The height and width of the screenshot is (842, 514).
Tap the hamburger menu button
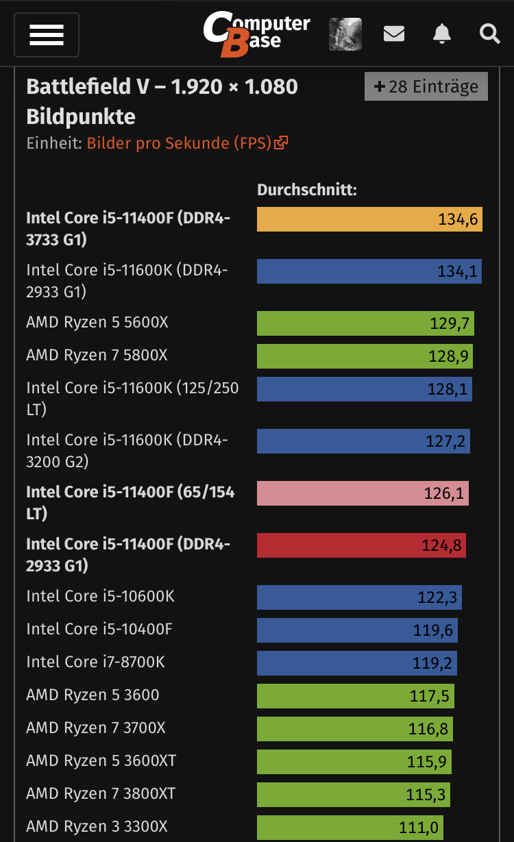pos(47,34)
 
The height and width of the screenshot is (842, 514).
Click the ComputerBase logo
pos(256,34)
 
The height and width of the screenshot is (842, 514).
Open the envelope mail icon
pos(393,33)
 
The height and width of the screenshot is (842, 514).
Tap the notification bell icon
pos(442,33)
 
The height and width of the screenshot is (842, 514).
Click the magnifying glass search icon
pos(489,33)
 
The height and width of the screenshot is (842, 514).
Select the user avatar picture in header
pos(345,34)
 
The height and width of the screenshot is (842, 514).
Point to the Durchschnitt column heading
pos(306,190)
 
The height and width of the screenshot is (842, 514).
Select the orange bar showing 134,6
pos(369,219)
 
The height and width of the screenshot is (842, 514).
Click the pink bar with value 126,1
pos(363,493)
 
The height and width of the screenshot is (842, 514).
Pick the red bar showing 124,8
pos(361,545)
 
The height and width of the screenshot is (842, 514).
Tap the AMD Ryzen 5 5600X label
pos(97,322)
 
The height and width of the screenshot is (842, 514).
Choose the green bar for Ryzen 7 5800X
pos(365,356)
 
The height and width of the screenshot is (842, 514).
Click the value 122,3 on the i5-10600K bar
pos(437,597)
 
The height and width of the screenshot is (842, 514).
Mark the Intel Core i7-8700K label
pos(95,662)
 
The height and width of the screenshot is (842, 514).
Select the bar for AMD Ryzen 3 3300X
pos(350,828)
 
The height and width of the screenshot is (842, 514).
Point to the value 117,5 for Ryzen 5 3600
pos(429,696)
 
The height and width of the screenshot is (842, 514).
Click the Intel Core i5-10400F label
pos(99,629)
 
